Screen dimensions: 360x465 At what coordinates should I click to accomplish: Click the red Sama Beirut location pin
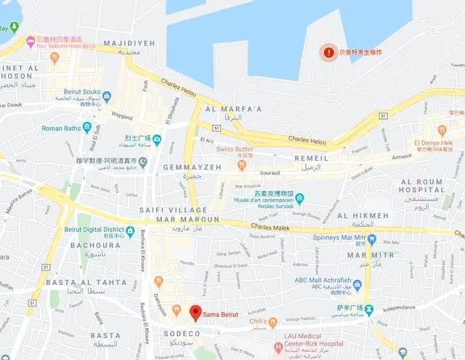coord(195,313)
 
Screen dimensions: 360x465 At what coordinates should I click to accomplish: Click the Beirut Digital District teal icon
coord(129,231)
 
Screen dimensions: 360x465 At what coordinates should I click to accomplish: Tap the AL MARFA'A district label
coord(234,110)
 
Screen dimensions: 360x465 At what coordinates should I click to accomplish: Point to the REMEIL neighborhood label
coord(316,158)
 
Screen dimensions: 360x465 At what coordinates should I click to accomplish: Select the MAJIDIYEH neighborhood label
coord(129,44)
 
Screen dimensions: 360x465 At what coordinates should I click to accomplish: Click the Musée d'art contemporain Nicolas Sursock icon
coord(299,197)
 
